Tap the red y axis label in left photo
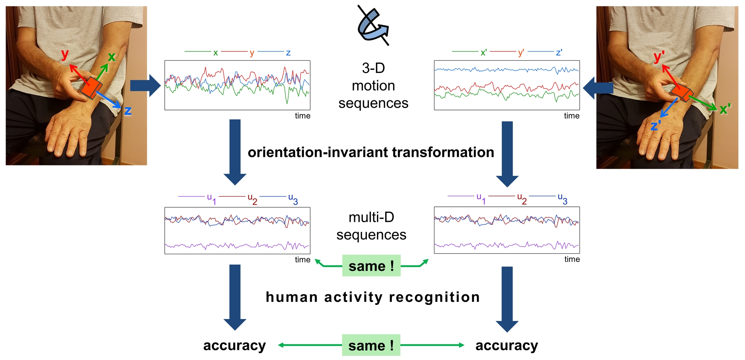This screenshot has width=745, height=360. [65, 54]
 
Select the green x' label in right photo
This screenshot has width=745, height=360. [725, 109]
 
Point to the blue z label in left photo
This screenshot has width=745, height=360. [128, 111]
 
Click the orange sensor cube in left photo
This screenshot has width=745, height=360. [91, 88]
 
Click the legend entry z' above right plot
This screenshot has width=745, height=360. [559, 53]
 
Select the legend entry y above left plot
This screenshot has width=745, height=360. [252, 53]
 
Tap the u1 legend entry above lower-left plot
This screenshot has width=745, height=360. [211, 198]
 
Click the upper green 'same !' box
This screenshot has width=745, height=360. [371, 266]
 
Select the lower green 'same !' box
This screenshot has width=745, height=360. [371, 345]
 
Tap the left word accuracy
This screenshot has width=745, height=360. [234, 345]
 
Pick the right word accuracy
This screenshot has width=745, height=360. [507, 345]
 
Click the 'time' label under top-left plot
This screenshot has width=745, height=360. [302, 116]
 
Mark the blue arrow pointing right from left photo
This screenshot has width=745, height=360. [145, 86]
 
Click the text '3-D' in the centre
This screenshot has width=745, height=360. [373, 68]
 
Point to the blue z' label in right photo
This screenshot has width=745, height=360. [656, 126]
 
